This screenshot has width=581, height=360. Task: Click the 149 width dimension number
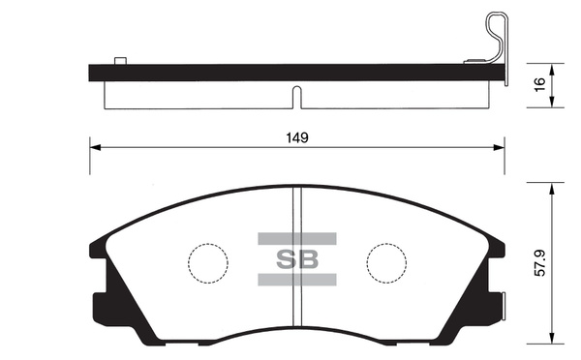point(297,137)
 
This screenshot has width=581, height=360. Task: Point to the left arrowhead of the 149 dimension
point(94,148)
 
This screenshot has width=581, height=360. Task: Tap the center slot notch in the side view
point(297,96)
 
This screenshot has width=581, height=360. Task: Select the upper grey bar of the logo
point(296,238)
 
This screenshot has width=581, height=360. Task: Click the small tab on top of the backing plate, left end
point(121,61)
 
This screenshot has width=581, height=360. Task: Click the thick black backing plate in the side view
point(290,72)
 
